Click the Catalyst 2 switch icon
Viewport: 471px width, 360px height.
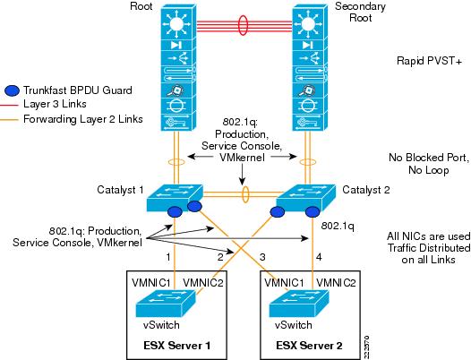pos(305,198)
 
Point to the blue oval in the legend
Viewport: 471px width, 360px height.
pos(12,90)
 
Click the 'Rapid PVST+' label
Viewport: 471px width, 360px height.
pos(429,61)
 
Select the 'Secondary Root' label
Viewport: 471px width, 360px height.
pos(360,12)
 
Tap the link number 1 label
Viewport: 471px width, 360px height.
pos(168,257)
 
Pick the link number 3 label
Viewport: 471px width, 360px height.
pos(262,257)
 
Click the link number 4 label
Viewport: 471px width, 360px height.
pos(319,257)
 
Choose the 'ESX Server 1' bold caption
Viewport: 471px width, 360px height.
pos(176,346)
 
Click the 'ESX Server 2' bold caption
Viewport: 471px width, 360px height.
pos(309,346)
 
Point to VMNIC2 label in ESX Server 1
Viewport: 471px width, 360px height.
pos(203,283)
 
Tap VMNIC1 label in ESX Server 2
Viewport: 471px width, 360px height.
pos(284,283)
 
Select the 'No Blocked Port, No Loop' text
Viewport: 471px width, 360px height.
pos(429,164)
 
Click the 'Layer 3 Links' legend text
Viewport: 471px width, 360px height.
pos(55,104)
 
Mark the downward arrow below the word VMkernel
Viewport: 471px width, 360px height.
pos(242,175)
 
